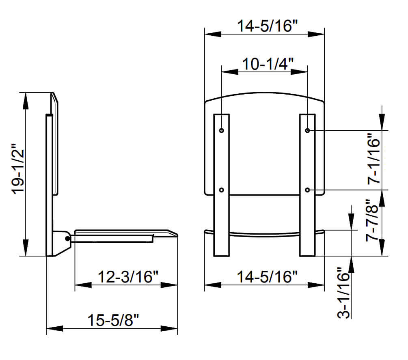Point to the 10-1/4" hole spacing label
pos(264,64)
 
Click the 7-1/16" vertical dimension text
pos(373,160)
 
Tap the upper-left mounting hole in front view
pos(221,131)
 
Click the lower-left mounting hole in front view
pos(221,190)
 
